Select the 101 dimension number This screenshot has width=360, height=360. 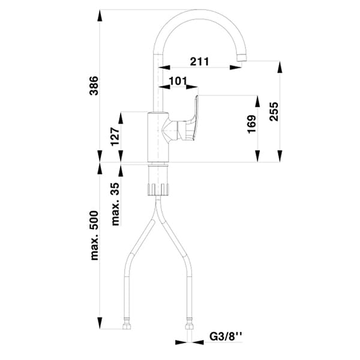pyautogui.click(x=179, y=80)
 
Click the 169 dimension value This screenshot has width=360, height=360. pyautogui.click(x=251, y=124)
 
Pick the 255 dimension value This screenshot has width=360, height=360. pyautogui.click(x=274, y=110)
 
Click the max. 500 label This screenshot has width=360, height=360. pyautogui.click(x=95, y=235)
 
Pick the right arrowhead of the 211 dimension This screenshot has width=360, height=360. pyautogui.click(x=238, y=68)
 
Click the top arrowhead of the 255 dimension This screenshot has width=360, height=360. pyautogui.click(x=280, y=65)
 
